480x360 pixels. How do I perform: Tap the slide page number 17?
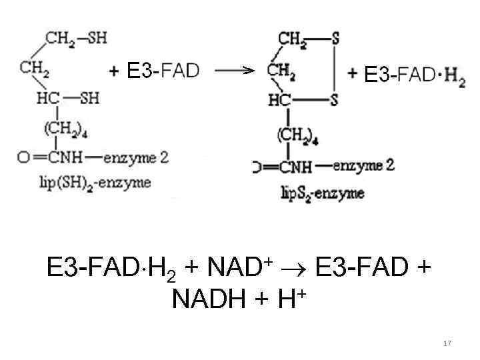coord(447,343)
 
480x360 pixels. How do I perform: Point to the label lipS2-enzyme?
coord(322,193)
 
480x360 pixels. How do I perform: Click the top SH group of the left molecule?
coord(96,37)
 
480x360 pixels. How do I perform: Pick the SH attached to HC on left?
coord(89,98)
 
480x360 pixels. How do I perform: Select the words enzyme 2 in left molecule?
coord(136,158)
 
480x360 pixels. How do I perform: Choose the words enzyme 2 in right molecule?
coord(363,165)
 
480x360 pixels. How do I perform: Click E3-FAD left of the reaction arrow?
coord(163,71)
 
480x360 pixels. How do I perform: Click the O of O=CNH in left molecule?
coord(23,158)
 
